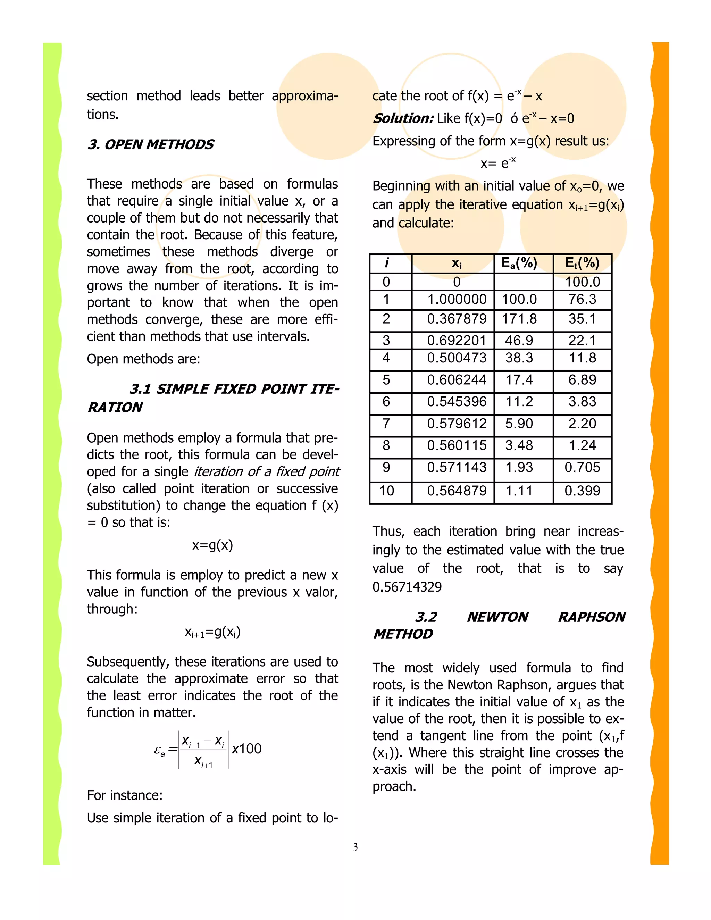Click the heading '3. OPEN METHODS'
[150, 144]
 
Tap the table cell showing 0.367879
[457, 319]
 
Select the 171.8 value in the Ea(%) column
[519, 319]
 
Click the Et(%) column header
[582, 263]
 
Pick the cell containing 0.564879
[457, 491]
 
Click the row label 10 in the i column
[386, 491]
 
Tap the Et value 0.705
[582, 467]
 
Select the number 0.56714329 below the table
[407, 587]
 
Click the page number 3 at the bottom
[355, 847]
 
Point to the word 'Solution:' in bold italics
[403, 118]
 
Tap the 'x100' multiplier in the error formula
[247, 748]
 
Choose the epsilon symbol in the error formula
[159, 750]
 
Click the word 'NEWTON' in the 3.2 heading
[497, 617]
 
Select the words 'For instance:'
[125, 795]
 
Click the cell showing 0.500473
[457, 358]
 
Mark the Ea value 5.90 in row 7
[519, 423]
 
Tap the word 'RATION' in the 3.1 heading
[115, 407]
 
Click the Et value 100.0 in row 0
[582, 282]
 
